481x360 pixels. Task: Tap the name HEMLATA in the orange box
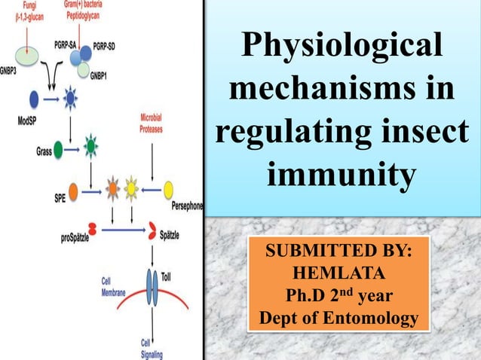click(x=339, y=270)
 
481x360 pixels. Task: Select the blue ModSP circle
click(x=34, y=98)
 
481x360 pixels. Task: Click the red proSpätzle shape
click(x=92, y=228)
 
